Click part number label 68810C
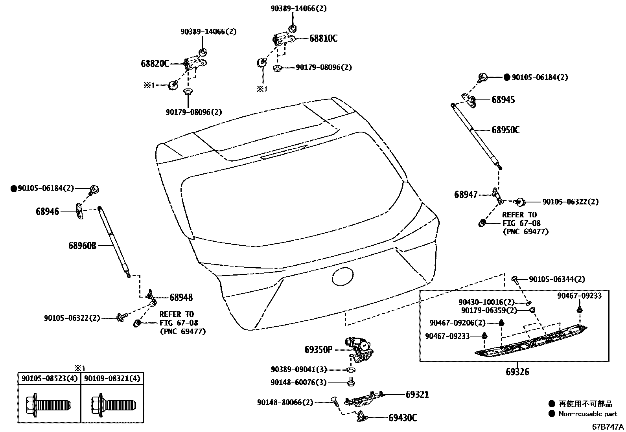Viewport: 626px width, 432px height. coord(323,39)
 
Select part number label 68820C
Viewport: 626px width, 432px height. coord(155,63)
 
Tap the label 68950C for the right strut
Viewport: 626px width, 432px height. coord(505,130)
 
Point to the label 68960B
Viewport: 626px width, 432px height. coord(82,246)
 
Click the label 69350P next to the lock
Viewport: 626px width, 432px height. coord(318,349)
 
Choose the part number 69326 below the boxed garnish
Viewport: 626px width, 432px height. coord(517,371)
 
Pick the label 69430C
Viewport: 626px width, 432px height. coord(403,418)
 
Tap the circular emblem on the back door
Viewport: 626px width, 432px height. coord(343,277)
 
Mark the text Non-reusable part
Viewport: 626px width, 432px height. coord(588,414)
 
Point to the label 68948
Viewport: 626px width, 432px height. coord(181,298)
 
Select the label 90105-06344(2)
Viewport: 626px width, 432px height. coord(557,279)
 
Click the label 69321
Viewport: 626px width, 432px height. coord(417,394)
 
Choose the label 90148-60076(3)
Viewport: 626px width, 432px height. coord(298,382)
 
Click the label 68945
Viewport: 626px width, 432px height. coord(503,100)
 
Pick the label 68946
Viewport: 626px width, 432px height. coord(47,212)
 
